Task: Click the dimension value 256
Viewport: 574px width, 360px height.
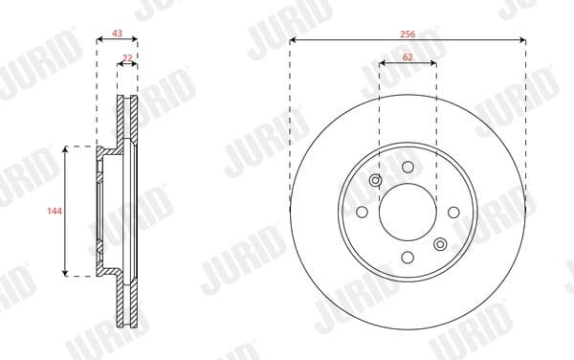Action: [x=408, y=34]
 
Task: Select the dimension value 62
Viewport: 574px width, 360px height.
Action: [x=408, y=57]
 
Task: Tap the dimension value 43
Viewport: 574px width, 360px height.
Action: [x=117, y=34]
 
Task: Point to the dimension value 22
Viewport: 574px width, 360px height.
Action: [x=127, y=57]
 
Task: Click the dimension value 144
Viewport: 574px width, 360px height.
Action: [x=55, y=211]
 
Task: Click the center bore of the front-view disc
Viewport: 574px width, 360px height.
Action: [x=408, y=213]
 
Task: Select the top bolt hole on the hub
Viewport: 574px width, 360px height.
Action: [x=408, y=168]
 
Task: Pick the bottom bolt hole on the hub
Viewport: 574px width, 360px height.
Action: [x=408, y=258]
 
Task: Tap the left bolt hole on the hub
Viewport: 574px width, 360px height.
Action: [x=362, y=212]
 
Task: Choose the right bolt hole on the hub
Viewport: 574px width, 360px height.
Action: [x=453, y=213]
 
